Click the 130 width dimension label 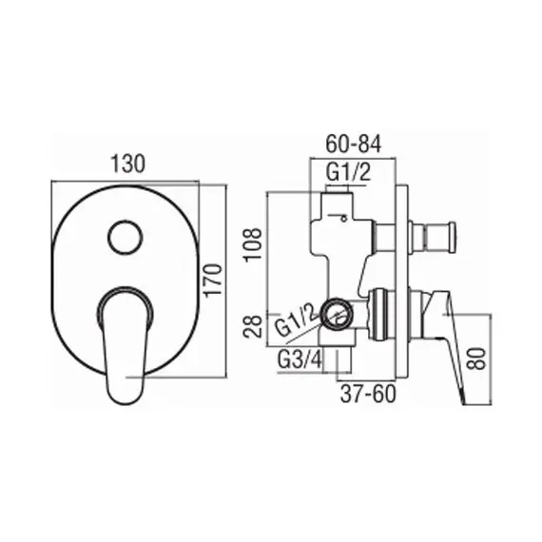[x=128, y=164]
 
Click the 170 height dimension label [x=213, y=280]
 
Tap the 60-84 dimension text [x=354, y=144]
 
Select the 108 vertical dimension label [x=253, y=244]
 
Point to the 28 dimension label [x=253, y=326]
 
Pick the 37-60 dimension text [x=368, y=394]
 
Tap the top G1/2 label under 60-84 [x=348, y=172]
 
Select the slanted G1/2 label [x=297, y=321]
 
